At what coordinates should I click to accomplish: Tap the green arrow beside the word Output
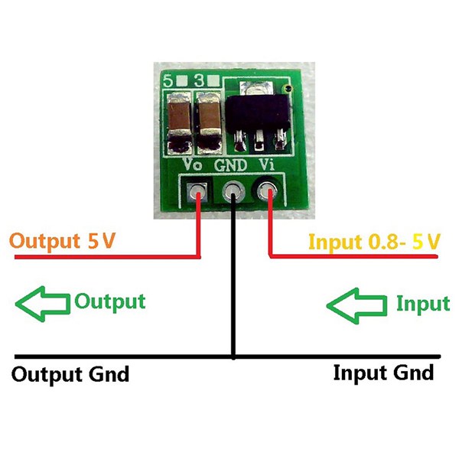click(41, 303)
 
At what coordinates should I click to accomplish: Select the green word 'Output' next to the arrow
click(109, 301)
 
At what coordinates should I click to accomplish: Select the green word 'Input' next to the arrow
click(422, 304)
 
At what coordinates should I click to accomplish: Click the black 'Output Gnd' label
click(70, 375)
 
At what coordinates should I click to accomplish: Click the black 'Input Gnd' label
click(383, 373)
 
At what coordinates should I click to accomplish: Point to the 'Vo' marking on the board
click(192, 164)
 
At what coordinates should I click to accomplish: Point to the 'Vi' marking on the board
click(267, 164)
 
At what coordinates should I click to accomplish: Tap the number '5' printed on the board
click(168, 79)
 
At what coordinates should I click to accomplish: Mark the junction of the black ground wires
click(233, 356)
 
